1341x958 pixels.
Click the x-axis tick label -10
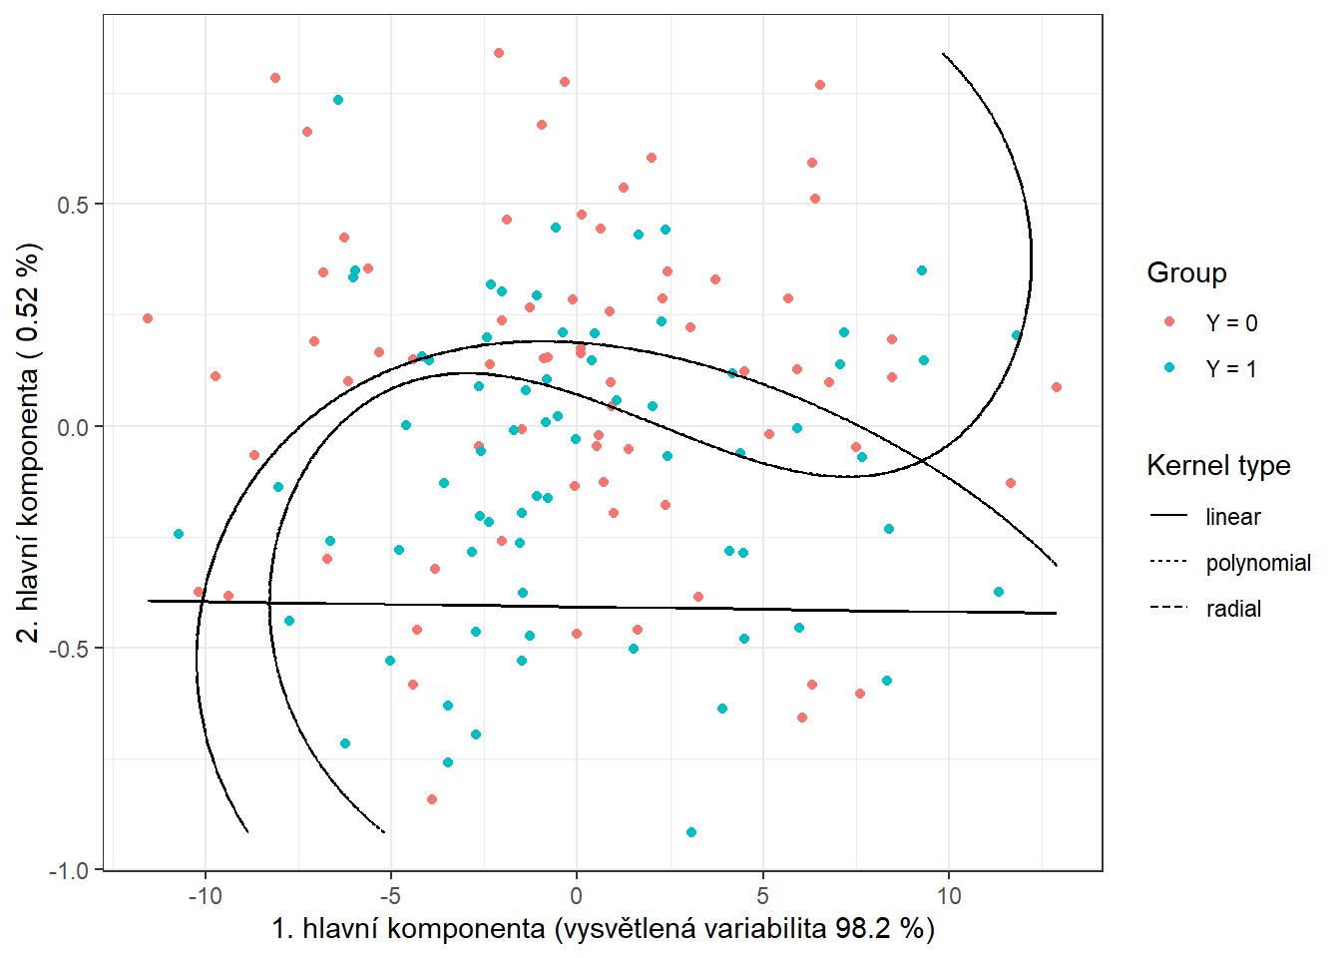(205, 896)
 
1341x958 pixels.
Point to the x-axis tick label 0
(577, 896)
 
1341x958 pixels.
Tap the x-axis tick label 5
(762, 896)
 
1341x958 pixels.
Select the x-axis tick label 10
(948, 896)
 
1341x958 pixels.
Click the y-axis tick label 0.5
(72, 205)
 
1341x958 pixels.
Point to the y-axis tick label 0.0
(72, 427)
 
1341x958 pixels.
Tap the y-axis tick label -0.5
(68, 649)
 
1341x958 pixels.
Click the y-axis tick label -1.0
(68, 870)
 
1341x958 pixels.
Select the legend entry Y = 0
(1230, 323)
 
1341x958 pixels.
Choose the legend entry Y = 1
(1230, 369)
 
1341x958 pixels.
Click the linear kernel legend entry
(1232, 517)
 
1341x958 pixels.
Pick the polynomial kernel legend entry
(1257, 563)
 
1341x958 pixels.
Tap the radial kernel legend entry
(1233, 609)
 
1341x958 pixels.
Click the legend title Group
(1186, 273)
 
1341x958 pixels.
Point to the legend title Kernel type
(1218, 466)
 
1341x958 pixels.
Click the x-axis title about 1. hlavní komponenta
(603, 929)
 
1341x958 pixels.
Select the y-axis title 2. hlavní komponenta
(30, 442)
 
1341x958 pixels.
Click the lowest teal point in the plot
(691, 832)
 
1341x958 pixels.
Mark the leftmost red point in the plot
(148, 318)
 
